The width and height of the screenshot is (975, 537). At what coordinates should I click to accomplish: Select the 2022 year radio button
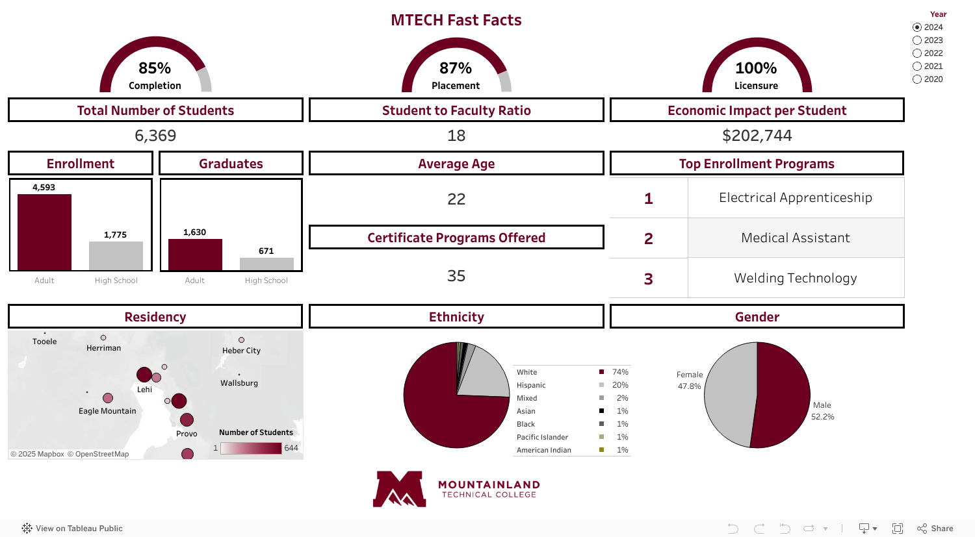click(x=917, y=53)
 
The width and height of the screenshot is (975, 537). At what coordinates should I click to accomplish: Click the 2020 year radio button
click(x=917, y=79)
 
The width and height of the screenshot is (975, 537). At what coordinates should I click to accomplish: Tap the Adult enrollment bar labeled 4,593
click(x=44, y=232)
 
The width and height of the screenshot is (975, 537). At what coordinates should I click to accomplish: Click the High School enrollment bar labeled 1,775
click(x=116, y=256)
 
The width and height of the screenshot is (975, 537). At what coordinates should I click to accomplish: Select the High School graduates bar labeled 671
click(x=266, y=264)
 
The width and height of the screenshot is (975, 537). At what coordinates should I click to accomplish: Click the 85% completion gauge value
click(x=155, y=68)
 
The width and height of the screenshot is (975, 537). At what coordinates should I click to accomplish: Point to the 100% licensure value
click(x=756, y=68)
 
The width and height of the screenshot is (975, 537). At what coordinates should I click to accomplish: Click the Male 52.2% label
click(x=822, y=411)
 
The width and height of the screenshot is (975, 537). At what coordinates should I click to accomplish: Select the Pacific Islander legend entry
click(x=542, y=437)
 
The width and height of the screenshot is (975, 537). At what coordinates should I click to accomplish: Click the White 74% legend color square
click(x=601, y=372)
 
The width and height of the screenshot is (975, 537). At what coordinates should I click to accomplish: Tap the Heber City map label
click(x=241, y=351)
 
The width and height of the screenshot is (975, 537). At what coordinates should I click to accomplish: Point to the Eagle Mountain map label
click(x=107, y=411)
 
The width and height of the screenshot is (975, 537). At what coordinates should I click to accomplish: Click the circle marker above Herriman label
click(x=103, y=338)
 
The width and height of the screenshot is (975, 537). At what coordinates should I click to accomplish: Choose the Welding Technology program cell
click(x=796, y=278)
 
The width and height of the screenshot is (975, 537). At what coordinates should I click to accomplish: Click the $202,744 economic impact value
click(x=757, y=136)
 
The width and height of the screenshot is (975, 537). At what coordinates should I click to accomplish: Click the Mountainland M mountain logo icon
click(x=399, y=489)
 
